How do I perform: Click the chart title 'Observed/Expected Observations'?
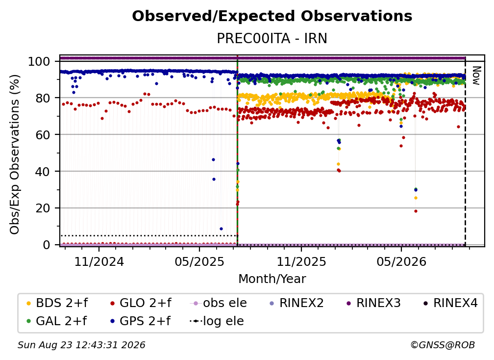(x=272, y=16)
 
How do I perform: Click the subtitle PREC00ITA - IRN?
(x=272, y=38)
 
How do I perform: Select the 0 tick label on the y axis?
(x=46, y=245)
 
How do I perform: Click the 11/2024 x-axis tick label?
(x=99, y=261)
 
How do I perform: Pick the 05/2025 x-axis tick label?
(x=199, y=261)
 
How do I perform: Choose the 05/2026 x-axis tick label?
(x=401, y=261)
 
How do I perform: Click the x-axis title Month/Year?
(x=272, y=279)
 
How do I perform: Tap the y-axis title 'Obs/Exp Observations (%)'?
(x=15, y=154)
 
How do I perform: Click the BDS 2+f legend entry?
(x=57, y=303)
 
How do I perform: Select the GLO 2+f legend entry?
(x=141, y=303)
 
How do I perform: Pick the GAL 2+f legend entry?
(x=57, y=321)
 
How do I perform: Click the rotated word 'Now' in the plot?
(x=476, y=76)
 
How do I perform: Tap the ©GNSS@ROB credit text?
(x=443, y=345)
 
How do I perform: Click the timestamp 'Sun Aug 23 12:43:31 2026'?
(x=81, y=345)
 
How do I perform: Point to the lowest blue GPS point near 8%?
(x=221, y=229)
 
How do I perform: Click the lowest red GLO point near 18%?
(x=416, y=211)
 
